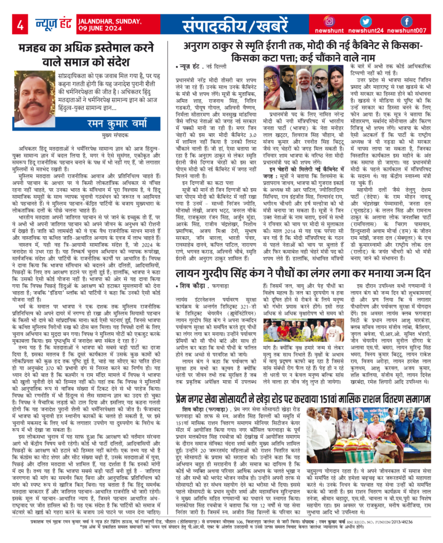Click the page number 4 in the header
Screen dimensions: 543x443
point(20,25)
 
